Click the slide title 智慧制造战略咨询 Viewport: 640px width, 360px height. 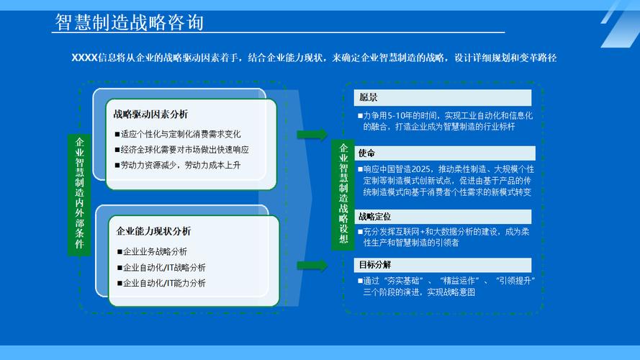130,22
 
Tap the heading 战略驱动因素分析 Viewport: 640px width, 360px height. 150,114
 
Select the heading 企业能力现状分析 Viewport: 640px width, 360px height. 154,231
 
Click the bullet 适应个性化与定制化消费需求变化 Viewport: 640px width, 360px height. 181,134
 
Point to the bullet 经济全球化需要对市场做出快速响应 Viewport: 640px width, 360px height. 184,150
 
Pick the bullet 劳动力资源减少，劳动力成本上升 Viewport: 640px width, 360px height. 180,165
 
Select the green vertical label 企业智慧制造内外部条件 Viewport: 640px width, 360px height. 79,194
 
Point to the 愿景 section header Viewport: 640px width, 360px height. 368,98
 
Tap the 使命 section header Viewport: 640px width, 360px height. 367,153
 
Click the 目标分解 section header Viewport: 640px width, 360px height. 374,264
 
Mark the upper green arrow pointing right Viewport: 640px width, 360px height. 312,135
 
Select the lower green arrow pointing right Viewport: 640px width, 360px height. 312,266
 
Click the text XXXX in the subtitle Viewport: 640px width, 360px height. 84,58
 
